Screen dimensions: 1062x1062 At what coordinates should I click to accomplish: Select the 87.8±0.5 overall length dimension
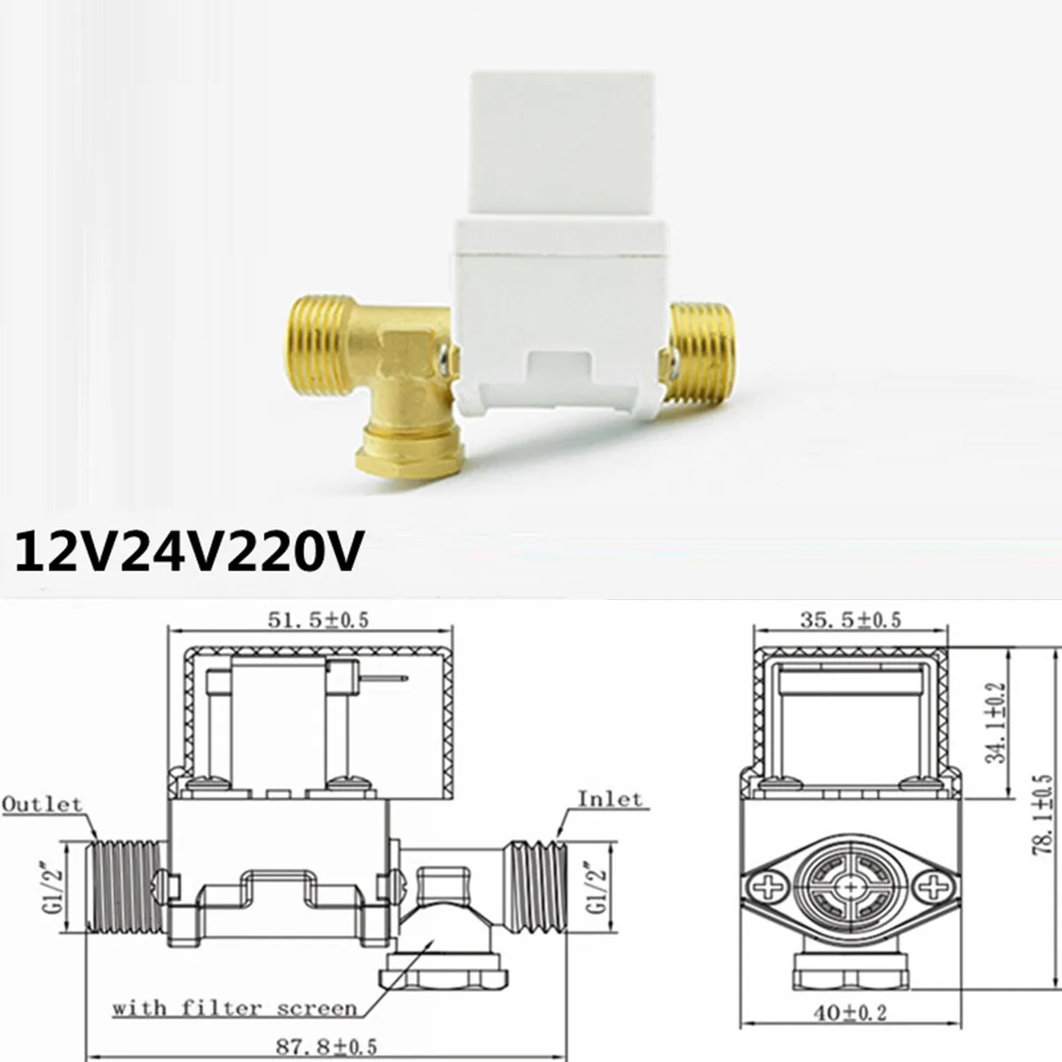pos(326,1046)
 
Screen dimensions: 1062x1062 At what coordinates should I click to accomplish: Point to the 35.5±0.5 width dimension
pos(850,619)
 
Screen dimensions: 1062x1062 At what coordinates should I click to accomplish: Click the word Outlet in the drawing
pos(42,804)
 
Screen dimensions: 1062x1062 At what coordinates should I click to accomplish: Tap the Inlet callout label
pos(610,799)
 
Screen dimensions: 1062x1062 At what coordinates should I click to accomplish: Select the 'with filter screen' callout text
pos(235,1008)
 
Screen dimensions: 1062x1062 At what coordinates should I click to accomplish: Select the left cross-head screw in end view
pos(770,885)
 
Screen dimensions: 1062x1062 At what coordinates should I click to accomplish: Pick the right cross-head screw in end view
pos(932,885)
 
